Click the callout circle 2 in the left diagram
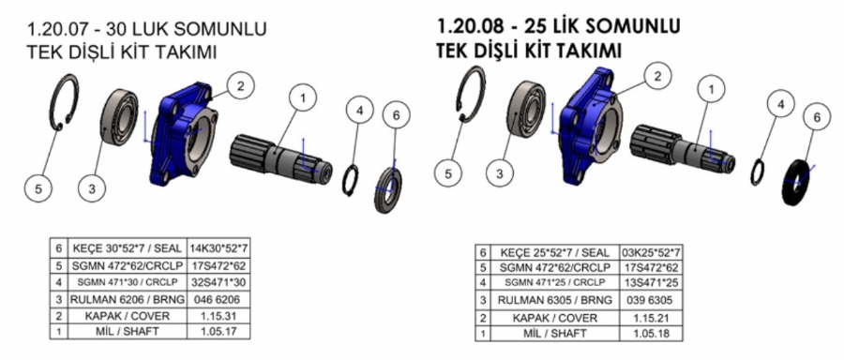[x=240, y=86]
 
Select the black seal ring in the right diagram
[x=797, y=182]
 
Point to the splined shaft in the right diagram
[x=684, y=150]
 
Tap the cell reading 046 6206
[x=219, y=300]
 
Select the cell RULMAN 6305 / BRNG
[x=554, y=300]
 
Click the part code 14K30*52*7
[x=219, y=249]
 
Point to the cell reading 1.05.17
[x=219, y=331]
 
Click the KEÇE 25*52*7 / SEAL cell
[x=554, y=252]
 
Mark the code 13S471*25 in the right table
[x=651, y=283]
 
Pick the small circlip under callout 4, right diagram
[x=759, y=172]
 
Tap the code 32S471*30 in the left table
[x=219, y=282]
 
